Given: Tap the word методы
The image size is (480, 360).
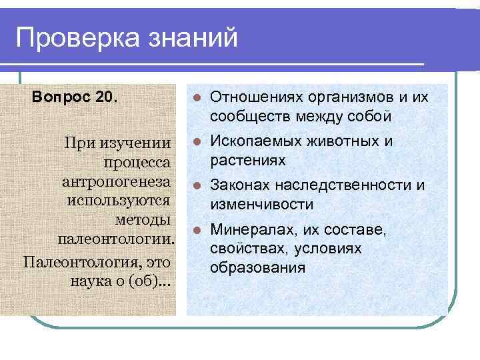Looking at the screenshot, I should coord(143,219).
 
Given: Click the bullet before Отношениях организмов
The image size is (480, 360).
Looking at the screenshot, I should coord(197,99).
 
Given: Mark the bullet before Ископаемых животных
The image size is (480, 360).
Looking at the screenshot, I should coord(197,141).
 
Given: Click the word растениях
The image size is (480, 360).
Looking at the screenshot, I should coord(248,160).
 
